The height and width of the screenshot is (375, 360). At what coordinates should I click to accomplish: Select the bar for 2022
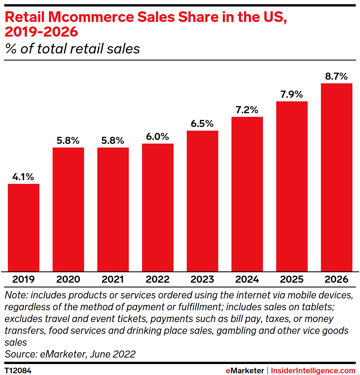click(x=158, y=207)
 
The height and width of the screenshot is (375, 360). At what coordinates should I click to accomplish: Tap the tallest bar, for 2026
click(x=336, y=177)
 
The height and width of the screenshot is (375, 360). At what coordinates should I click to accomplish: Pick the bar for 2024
click(x=247, y=194)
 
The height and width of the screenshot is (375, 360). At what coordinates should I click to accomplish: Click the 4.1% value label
click(x=23, y=177)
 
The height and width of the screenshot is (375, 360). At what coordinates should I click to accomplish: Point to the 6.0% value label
click(x=157, y=137)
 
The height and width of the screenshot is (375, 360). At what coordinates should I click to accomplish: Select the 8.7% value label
click(x=336, y=76)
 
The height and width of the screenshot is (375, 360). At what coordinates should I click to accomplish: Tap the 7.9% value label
click(x=292, y=94)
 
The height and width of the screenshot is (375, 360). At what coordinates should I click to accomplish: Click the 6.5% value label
click(x=202, y=124)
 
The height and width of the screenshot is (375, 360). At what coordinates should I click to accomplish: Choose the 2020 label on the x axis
click(x=68, y=279)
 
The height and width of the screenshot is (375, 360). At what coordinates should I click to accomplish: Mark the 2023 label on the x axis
click(x=202, y=279)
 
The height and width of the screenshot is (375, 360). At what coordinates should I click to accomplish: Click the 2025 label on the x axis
click(x=292, y=279)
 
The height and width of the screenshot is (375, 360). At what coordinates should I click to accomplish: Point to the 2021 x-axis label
click(x=113, y=279)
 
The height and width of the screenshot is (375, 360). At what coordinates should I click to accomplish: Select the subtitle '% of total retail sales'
click(x=72, y=49)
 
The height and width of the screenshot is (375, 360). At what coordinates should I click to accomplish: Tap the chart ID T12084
click(x=18, y=370)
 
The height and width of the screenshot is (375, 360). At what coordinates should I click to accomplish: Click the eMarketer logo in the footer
click(x=245, y=370)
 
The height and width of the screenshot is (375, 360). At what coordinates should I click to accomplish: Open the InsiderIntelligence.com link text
click(x=313, y=370)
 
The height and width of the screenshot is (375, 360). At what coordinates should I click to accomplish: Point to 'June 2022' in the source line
click(x=112, y=354)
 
